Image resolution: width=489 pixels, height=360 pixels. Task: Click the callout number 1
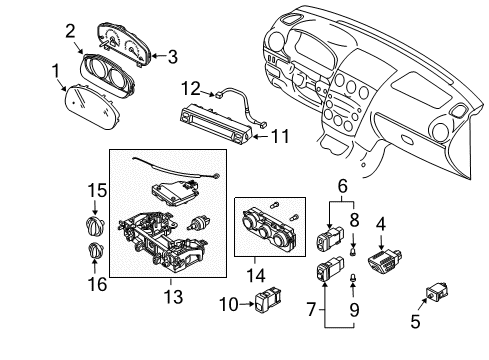coord(56,72)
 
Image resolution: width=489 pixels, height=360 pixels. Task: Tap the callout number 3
coord(172,57)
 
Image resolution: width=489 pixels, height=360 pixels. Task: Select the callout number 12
coord(191,89)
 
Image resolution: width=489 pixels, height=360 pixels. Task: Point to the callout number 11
coord(280,136)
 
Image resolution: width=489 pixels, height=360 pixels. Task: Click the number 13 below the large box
coord(173,296)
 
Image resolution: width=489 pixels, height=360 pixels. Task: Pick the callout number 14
coord(256,275)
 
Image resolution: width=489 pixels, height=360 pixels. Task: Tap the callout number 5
coord(415,321)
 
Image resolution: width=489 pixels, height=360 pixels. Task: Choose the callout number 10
coord(229,304)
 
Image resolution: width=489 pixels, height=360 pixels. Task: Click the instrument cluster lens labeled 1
coord(91,107)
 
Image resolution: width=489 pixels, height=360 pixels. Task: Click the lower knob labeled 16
coord(96,250)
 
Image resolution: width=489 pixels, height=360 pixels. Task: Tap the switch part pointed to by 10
coord(269,299)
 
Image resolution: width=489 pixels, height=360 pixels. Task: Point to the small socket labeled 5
coord(437,292)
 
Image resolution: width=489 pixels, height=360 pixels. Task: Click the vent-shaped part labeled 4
coord(384,260)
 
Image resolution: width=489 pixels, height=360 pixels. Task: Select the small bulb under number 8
coord(353,251)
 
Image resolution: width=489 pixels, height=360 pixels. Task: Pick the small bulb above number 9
coord(352,278)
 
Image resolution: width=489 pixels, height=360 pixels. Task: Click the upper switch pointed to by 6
coord(329,237)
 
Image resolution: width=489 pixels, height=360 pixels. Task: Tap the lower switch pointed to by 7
coord(329,268)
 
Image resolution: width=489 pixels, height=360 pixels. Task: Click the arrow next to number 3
coord(159,56)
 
